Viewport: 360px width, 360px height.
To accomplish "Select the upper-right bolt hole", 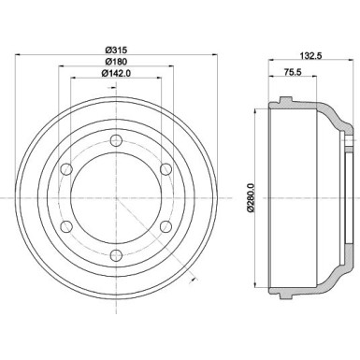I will [x=166, y=168].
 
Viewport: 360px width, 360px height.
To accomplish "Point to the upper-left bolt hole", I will [x=67, y=168].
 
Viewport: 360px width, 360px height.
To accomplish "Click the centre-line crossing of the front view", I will [x=117, y=197].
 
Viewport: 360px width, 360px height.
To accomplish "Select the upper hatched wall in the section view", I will [x=309, y=106].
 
